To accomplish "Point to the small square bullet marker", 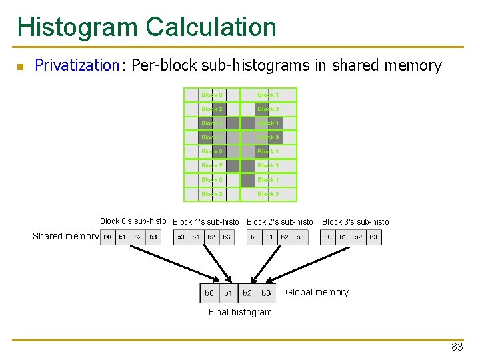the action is pyautogui.click(x=20, y=67).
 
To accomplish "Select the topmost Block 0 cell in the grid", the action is pyautogui.click(x=212, y=95).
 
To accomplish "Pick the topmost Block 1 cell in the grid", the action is pyautogui.click(x=268, y=95).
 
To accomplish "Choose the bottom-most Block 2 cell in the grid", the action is pyautogui.click(x=212, y=194).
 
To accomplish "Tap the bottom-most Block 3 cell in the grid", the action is pyautogui.click(x=268, y=194).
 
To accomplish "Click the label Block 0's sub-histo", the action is pyautogui.click(x=133, y=221).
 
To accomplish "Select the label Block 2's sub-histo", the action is pyautogui.click(x=280, y=222).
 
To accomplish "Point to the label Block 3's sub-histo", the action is pyautogui.click(x=355, y=222).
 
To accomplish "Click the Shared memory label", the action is pyautogui.click(x=65, y=236).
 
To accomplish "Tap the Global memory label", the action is pyautogui.click(x=317, y=292).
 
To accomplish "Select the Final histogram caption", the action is pyautogui.click(x=240, y=312).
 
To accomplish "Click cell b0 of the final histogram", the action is pyautogui.click(x=209, y=293).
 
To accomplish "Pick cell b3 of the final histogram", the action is pyautogui.click(x=266, y=293).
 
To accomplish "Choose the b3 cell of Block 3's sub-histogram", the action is pyautogui.click(x=373, y=237).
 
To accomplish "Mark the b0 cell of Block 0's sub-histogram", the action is pyautogui.click(x=107, y=237).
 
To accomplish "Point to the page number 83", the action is pyautogui.click(x=457, y=347).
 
